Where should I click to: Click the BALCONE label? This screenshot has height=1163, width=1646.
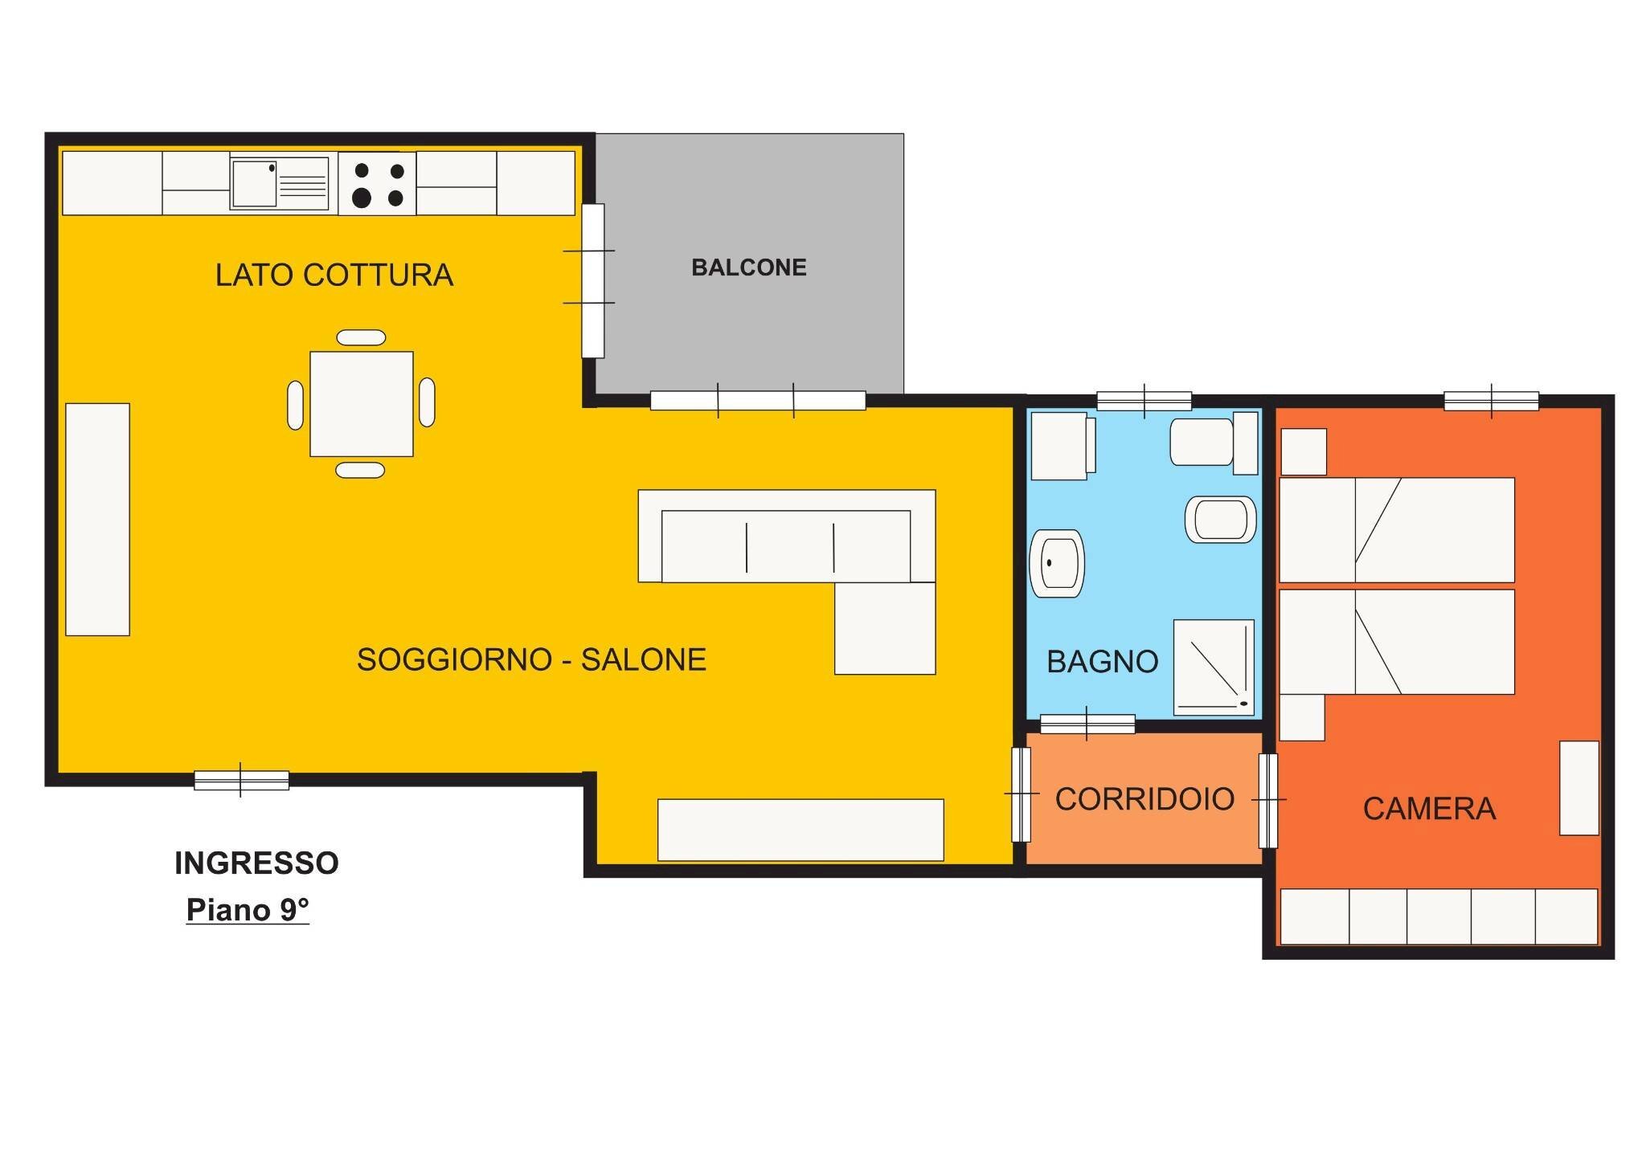[748, 267]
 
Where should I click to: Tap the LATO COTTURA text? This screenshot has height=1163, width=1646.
[334, 275]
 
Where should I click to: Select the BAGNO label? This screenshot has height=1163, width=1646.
[1102, 662]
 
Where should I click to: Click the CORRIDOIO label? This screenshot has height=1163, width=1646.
[1144, 799]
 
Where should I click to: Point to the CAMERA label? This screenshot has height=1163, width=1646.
[1429, 809]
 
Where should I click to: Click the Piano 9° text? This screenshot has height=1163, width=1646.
[248, 910]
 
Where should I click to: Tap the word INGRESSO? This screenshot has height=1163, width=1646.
[256, 863]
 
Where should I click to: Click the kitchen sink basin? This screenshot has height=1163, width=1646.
[254, 184]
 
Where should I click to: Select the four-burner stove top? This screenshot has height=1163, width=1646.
[377, 184]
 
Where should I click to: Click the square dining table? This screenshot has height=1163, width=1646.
[362, 404]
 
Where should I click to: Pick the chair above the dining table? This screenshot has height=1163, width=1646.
[361, 338]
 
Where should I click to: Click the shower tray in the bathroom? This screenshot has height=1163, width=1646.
[1214, 667]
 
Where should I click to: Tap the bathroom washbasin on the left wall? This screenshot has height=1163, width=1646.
[1056, 564]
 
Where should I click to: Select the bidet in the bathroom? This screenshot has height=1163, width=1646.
[1220, 520]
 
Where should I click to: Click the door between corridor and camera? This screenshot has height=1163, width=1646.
[1267, 800]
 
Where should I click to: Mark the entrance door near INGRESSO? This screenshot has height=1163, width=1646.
[241, 780]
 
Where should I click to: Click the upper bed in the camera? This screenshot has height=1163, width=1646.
[1396, 530]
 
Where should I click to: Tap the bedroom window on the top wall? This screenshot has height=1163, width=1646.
[1491, 401]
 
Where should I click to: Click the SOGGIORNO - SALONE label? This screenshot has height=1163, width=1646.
[531, 659]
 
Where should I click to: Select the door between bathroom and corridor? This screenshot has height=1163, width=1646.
[1087, 724]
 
